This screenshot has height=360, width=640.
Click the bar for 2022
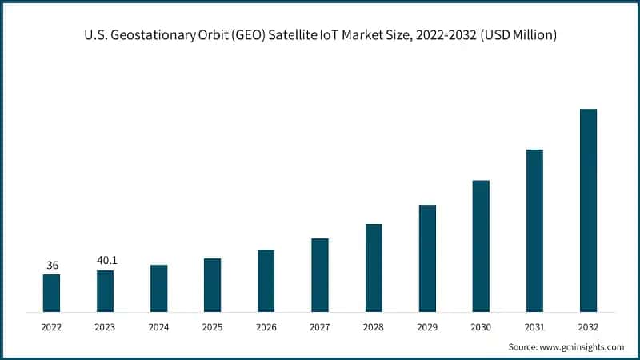pyautogui.click(x=51, y=293)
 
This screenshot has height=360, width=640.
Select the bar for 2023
pyautogui.click(x=105, y=290)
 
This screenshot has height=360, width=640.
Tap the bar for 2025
pyautogui.click(x=212, y=285)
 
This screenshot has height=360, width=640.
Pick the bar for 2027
pyautogui.click(x=320, y=274)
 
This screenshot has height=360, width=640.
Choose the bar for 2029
pyautogui.click(x=427, y=258)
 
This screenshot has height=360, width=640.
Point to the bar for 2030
pyautogui.click(x=481, y=246)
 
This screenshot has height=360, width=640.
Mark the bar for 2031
pyautogui.click(x=534, y=230)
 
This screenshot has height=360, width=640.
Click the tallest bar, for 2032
pyautogui.click(x=588, y=210)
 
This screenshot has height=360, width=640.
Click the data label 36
pyautogui.click(x=51, y=265)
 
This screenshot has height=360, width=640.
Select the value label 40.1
pyautogui.click(x=105, y=261)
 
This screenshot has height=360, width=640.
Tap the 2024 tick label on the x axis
pyautogui.click(x=158, y=327)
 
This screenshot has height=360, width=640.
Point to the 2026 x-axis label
pyautogui.click(x=266, y=327)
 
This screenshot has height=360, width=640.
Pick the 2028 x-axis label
pyautogui.click(x=374, y=327)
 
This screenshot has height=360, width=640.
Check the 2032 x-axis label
pyautogui.click(x=588, y=327)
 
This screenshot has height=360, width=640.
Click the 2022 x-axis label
pyautogui.click(x=51, y=327)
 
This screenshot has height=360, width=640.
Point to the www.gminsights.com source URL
pyautogui.click(x=583, y=347)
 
